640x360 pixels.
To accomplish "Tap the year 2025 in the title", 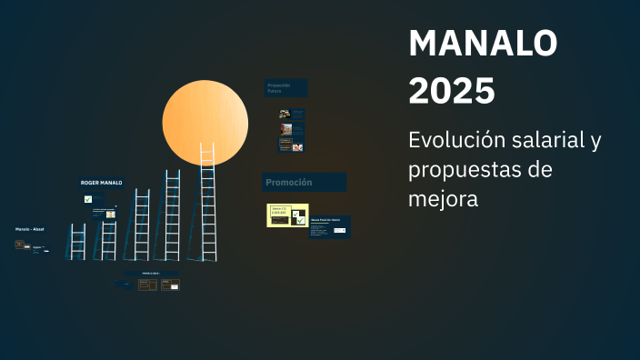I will click(x=452, y=91).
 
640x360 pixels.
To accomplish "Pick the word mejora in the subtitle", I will click(x=444, y=197).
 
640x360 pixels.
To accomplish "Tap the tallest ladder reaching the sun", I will click(x=207, y=205).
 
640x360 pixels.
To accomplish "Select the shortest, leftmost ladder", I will click(x=78, y=241).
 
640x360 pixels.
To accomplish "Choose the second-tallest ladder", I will click(x=172, y=215).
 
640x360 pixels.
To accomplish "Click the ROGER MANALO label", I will click(x=101, y=183).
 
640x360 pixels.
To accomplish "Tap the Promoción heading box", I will click(x=304, y=182).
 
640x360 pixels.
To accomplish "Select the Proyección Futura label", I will click(x=285, y=88).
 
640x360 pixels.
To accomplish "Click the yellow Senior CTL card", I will click(x=286, y=215).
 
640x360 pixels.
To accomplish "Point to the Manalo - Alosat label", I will click(x=29, y=229).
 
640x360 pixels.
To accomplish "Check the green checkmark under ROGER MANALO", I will click(x=88, y=198).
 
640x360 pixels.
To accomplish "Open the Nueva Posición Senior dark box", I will click(x=329, y=226).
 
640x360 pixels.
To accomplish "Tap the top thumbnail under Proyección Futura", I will click(x=291, y=115).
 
